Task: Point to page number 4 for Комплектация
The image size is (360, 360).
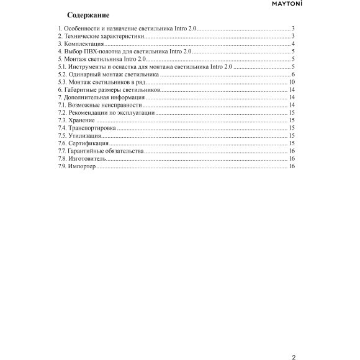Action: point(292,45)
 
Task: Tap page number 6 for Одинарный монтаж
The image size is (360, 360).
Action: point(292,74)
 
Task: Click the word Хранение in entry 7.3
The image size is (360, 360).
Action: point(84,120)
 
